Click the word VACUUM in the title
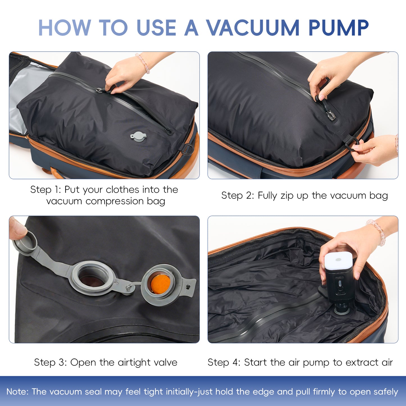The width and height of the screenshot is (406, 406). pos(253,28)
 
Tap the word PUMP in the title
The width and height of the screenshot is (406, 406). pos(338,28)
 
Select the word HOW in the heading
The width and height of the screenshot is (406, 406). pos(64,28)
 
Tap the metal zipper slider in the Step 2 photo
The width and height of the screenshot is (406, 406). pos(331,115)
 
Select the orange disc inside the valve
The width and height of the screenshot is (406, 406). pos(160,283)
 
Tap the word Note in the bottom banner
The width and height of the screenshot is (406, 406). pos(17,392)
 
